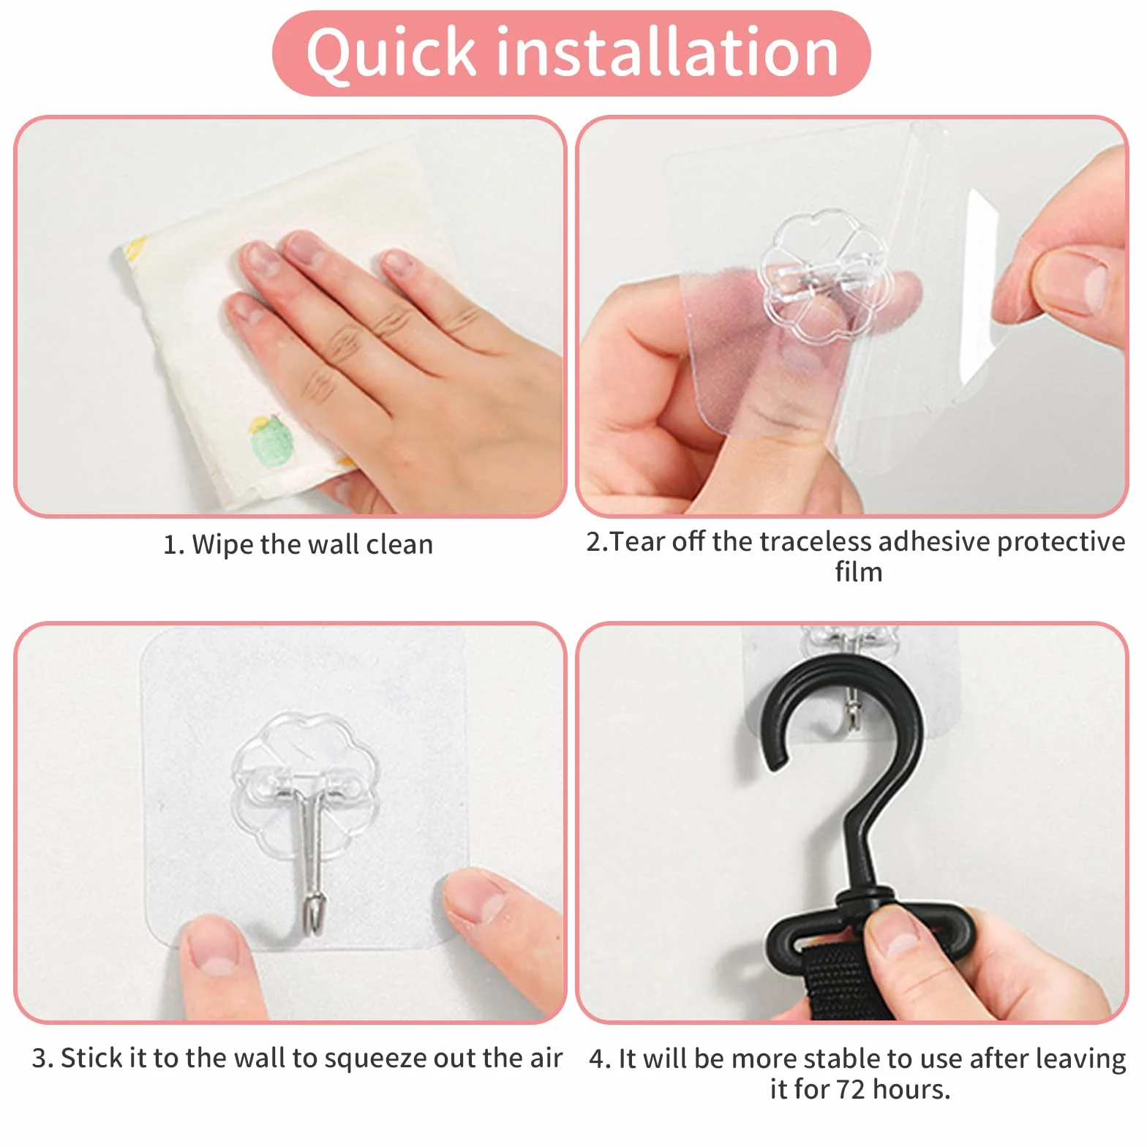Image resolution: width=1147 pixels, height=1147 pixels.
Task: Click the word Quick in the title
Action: pyautogui.click(x=391, y=53)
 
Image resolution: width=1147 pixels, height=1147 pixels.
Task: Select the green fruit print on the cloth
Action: pyautogui.click(x=272, y=440)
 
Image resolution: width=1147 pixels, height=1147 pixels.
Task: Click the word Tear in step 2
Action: pyautogui.click(x=638, y=542)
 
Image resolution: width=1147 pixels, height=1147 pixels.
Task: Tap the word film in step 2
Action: pyautogui.click(x=859, y=572)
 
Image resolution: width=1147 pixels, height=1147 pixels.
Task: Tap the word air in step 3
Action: pyautogui.click(x=546, y=1058)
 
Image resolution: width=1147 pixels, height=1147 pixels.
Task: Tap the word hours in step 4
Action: pyautogui.click(x=910, y=1090)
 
